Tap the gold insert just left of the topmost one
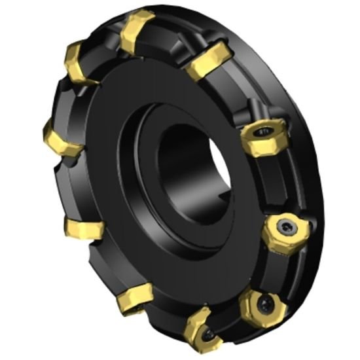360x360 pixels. point(81,62)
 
